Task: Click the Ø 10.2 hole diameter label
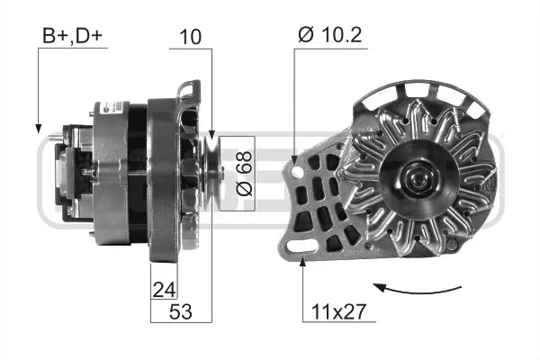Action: (x=330, y=37)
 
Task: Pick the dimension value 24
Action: (x=164, y=290)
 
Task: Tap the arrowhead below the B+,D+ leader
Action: (x=39, y=126)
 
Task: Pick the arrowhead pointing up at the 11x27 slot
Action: (x=303, y=261)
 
